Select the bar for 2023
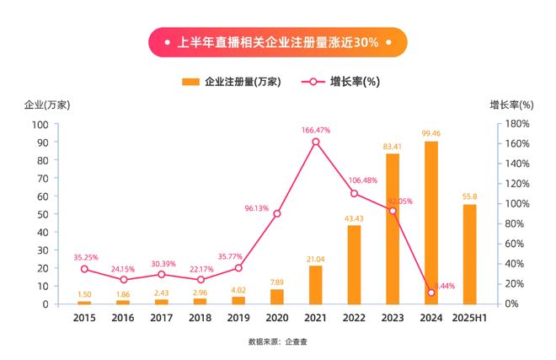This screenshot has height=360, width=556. click(x=393, y=228)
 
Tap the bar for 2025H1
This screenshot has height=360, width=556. click(x=469, y=254)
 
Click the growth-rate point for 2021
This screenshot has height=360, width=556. click(x=316, y=142)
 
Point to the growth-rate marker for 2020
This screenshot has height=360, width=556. click(x=277, y=213)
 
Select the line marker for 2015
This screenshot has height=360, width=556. click(x=84, y=269)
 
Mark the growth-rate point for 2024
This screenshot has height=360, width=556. click(x=431, y=293)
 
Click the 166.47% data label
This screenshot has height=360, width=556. click(x=316, y=130)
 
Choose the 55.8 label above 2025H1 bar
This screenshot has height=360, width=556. click(x=469, y=196)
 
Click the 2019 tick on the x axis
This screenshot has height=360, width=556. click(x=238, y=318)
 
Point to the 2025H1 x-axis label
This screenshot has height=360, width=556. click(x=469, y=318)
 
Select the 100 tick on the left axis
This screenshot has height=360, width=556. click(x=40, y=124)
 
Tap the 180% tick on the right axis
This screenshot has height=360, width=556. click(x=516, y=124)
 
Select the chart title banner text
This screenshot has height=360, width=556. click(x=278, y=41)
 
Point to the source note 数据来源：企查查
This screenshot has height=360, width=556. click(x=277, y=342)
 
